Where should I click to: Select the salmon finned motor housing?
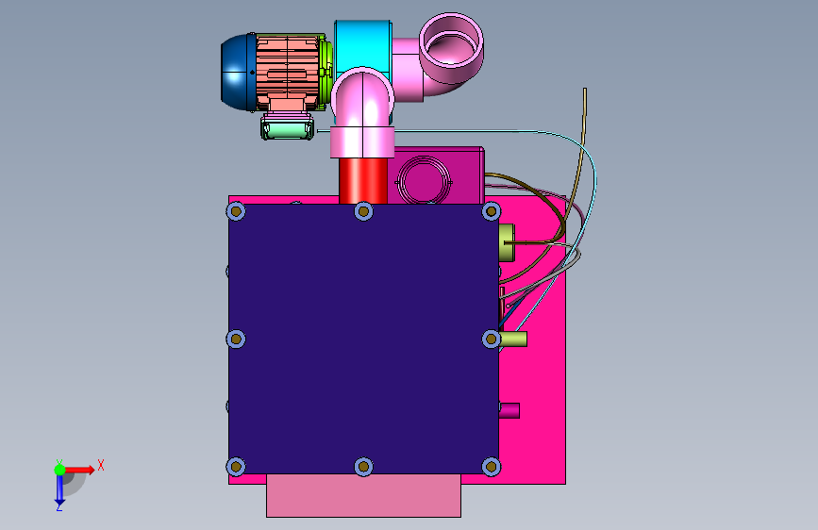coord(287,72)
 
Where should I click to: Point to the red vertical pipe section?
coord(363,180)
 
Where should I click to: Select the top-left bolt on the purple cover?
coord(236,211)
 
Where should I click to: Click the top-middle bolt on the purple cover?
coord(363,211)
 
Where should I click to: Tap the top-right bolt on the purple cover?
coord(491,211)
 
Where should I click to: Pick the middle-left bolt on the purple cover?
coord(236,340)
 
